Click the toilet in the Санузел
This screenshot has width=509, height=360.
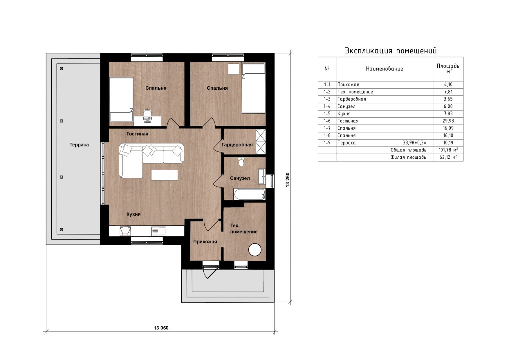point(241,162)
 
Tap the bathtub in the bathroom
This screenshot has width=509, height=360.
point(250,195)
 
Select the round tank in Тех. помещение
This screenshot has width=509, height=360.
point(255,250)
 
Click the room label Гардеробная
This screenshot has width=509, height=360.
point(237,145)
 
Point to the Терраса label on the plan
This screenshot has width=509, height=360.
point(79,145)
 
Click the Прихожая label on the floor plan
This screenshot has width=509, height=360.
point(205,242)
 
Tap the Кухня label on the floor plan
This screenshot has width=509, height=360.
point(133,214)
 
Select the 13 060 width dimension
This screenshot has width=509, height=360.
point(161,328)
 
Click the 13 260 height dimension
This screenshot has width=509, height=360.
point(288,180)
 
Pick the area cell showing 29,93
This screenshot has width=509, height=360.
point(448,121)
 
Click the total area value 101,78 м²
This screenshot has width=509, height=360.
point(448,150)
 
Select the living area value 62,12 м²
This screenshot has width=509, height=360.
point(448,157)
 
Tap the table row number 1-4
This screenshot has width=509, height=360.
point(327,106)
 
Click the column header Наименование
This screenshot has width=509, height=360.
point(384,69)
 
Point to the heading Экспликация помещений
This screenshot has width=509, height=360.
point(391,51)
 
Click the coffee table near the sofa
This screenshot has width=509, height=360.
point(165,175)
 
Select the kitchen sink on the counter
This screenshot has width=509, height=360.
point(159,231)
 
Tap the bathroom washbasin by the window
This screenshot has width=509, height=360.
point(262,176)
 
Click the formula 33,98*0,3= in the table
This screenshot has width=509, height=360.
point(414,143)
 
